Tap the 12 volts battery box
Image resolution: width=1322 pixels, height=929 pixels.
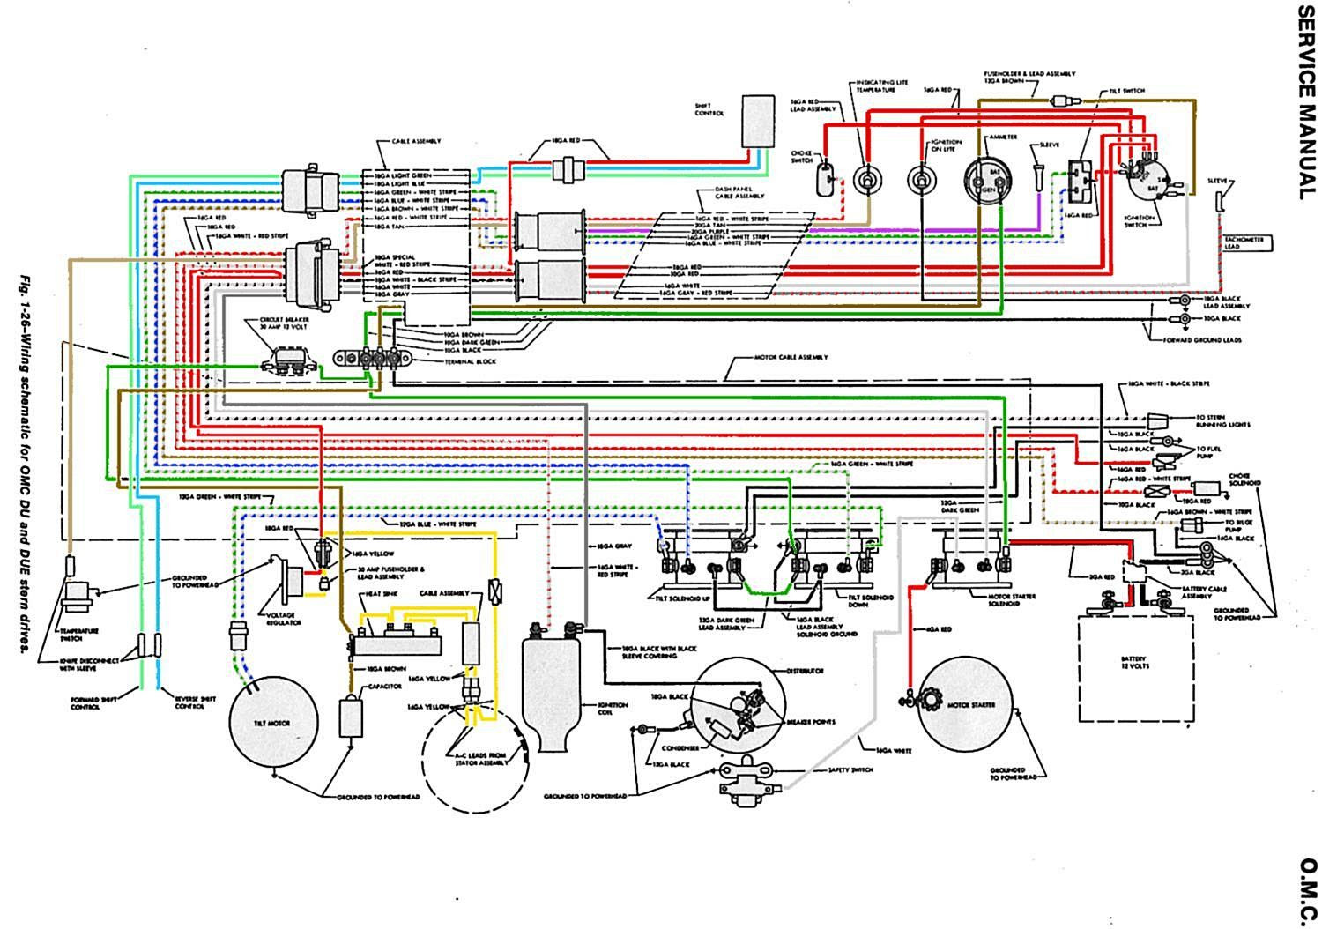(1134, 658)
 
